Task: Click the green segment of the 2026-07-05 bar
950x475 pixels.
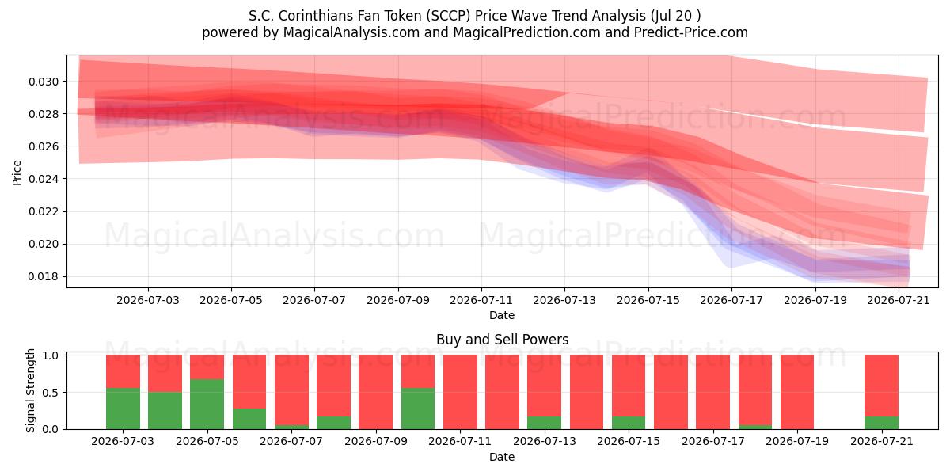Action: [x=207, y=405]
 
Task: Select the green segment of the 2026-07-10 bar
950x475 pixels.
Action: [x=418, y=408]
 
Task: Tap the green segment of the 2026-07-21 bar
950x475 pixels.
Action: [x=881, y=423]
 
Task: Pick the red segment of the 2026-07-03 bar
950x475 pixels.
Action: [x=123, y=371]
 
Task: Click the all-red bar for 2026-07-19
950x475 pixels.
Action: [x=797, y=392]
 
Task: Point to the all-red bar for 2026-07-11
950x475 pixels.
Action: [x=460, y=392]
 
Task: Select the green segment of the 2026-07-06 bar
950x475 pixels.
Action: [x=249, y=419]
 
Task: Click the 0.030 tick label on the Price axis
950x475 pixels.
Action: [x=44, y=82]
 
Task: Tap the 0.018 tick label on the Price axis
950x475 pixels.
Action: [x=44, y=276]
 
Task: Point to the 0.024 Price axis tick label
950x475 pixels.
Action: [x=44, y=179]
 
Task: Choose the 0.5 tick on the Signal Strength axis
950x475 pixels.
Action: [x=51, y=393]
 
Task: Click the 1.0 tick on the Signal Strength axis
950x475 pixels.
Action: [x=51, y=355]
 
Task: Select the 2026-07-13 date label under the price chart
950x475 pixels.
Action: [x=564, y=300]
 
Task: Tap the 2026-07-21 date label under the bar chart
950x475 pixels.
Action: [x=882, y=441]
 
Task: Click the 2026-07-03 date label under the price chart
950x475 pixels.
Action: [x=148, y=300]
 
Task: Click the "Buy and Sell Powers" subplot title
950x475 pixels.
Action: [x=503, y=340]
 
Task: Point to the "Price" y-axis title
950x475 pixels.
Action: [x=17, y=173]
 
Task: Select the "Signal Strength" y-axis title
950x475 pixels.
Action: [x=30, y=390]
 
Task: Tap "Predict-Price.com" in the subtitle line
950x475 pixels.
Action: [x=691, y=32]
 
